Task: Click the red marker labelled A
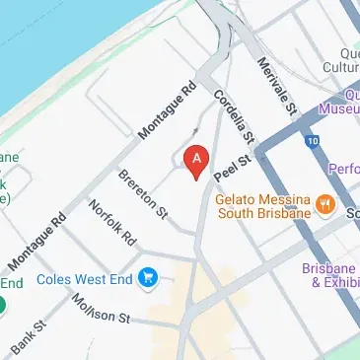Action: click(x=197, y=160)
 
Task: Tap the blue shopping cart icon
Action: click(x=148, y=278)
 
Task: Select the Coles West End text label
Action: click(x=85, y=279)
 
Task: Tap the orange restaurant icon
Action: click(x=324, y=207)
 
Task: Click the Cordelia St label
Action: click(x=235, y=117)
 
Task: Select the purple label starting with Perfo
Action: click(x=343, y=169)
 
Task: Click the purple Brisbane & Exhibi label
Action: click(x=331, y=274)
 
